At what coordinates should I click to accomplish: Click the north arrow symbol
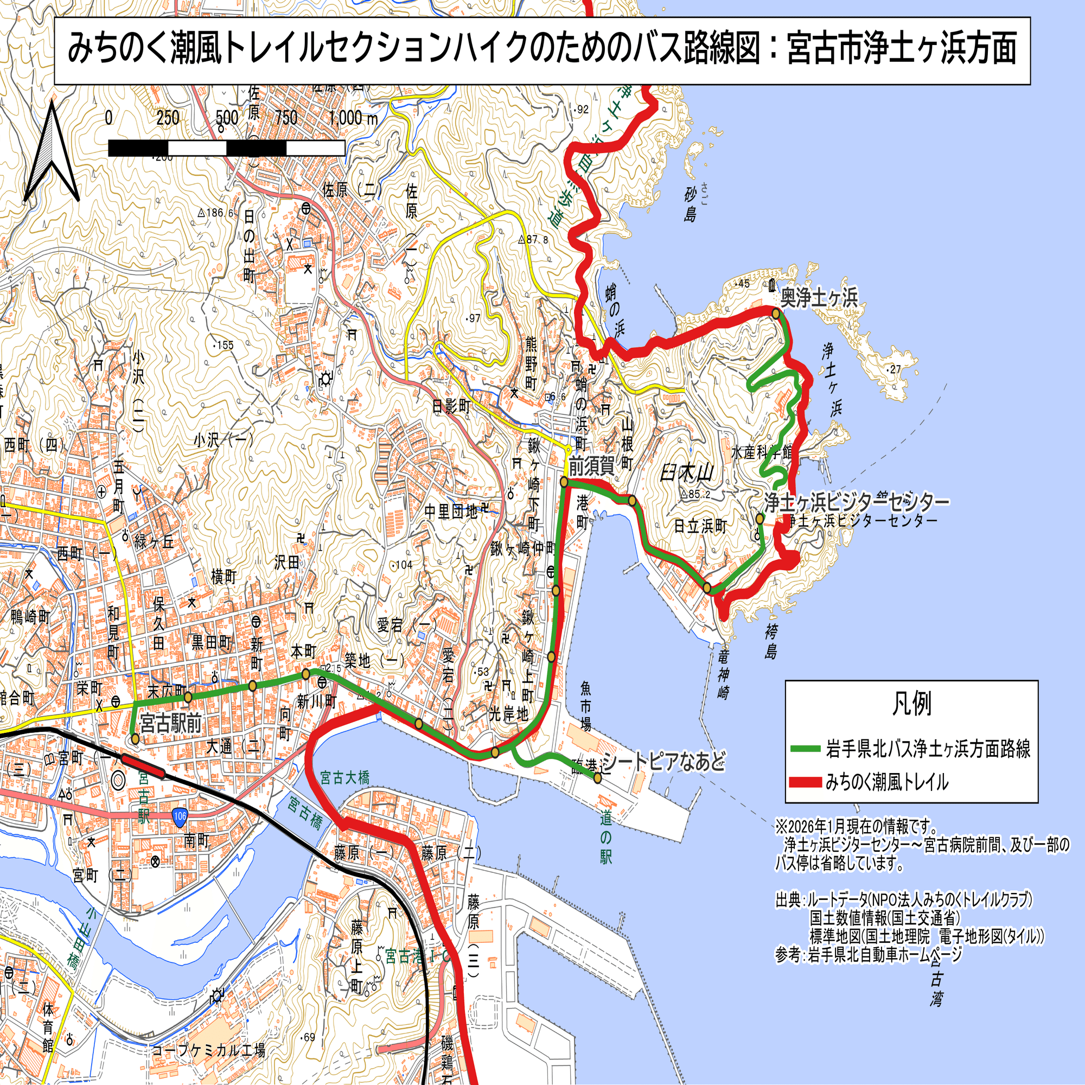tap(51, 153)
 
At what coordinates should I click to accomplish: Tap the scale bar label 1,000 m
tap(353, 118)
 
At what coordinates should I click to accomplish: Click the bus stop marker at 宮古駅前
tap(135, 738)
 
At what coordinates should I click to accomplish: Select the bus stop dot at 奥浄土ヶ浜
tap(776, 314)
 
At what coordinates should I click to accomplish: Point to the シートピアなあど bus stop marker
tap(597, 778)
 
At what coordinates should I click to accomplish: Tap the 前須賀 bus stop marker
tap(564, 482)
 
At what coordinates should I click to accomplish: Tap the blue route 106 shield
tap(179, 817)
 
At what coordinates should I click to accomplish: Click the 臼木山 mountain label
tap(686, 474)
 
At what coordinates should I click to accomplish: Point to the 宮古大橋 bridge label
tap(345, 778)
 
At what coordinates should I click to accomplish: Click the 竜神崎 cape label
tap(723, 674)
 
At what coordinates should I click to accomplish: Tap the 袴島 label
tap(770, 641)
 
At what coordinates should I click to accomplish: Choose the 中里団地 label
tap(450, 512)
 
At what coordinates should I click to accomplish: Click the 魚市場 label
tap(586, 706)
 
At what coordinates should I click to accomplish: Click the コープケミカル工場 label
tap(208, 1050)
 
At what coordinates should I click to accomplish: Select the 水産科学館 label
tap(762, 452)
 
